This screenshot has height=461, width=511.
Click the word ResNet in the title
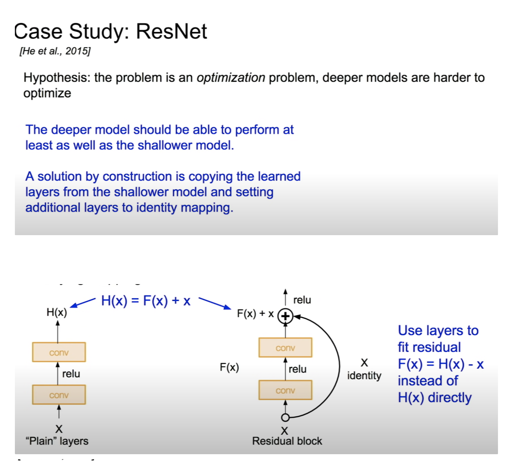tap(171, 31)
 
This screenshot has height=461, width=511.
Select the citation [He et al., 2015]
tap(55, 51)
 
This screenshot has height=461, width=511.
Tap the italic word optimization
tap(231, 78)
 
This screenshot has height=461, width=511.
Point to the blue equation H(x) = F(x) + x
tap(146, 301)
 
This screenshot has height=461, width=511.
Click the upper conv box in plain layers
tap(59, 352)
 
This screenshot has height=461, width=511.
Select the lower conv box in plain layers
tap(59, 395)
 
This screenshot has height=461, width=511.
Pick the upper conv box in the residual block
tap(285, 347)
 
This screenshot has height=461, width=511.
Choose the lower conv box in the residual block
tap(285, 390)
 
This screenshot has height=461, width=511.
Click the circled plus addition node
tap(285, 316)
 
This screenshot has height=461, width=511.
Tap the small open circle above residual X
tap(285, 418)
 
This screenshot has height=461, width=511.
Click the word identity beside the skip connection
tap(364, 376)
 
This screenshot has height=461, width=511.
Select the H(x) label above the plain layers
tap(57, 312)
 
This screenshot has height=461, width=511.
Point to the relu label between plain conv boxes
tap(71, 374)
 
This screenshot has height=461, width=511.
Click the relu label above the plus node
tap(302, 300)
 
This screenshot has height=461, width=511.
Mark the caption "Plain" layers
tap(57, 441)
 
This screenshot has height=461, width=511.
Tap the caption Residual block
tap(287, 441)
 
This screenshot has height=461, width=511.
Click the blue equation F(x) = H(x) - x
tap(441, 364)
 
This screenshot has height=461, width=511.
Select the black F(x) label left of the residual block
tap(229, 367)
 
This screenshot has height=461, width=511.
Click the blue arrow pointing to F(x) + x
tap(215, 303)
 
